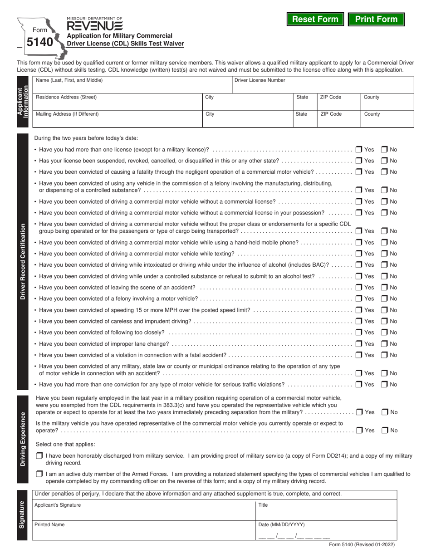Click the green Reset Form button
click(315, 19)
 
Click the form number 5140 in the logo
click(39, 42)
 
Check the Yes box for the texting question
click(359, 254)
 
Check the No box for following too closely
click(384, 333)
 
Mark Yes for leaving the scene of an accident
click(359, 287)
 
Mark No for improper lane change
click(384, 344)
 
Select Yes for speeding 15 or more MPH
click(359, 310)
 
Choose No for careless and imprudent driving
click(384, 321)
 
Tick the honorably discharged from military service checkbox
click(39, 455)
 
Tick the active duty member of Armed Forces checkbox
click(39, 474)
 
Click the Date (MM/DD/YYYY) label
click(281, 524)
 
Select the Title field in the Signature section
click(326, 511)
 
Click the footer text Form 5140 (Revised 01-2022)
click(362, 545)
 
